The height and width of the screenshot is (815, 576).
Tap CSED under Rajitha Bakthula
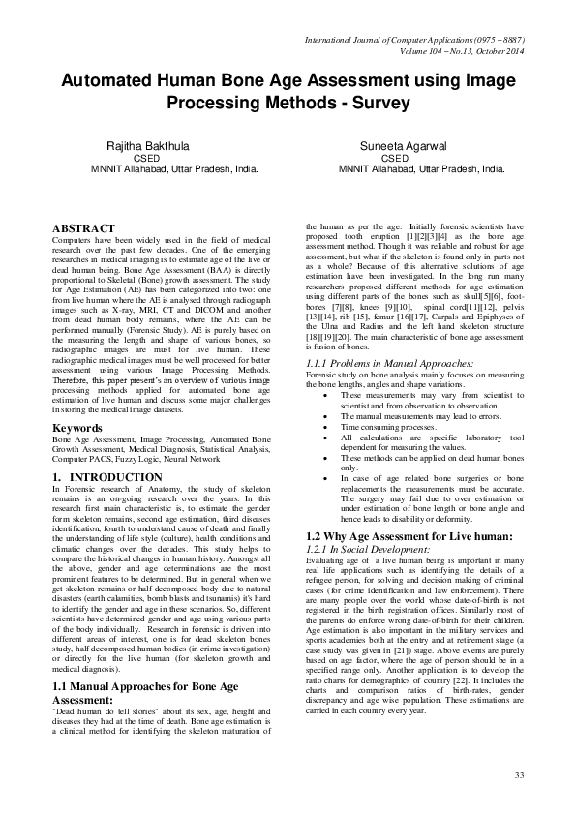coord(146,157)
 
